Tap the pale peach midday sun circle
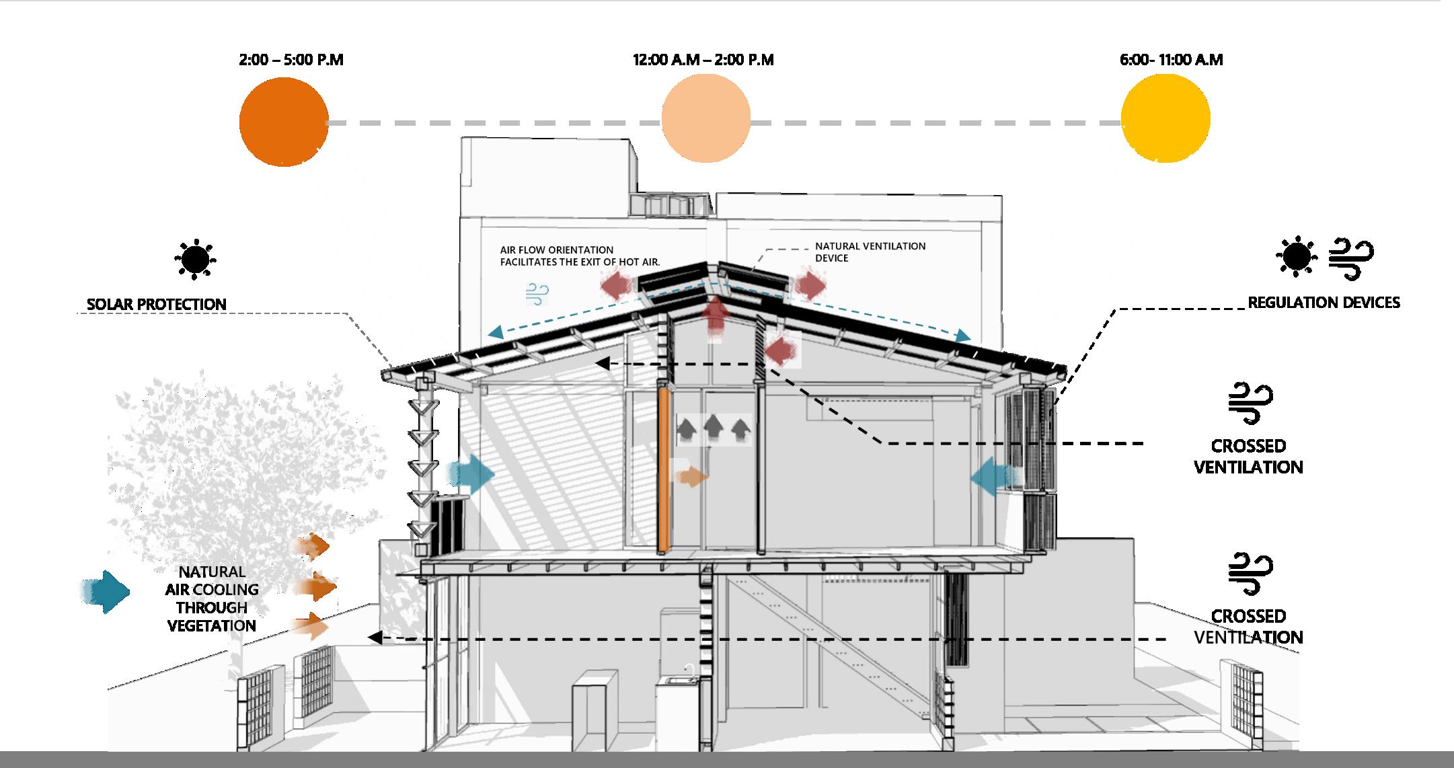tap(705, 118)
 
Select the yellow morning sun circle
tap(1165, 118)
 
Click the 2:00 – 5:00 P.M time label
tap(291, 60)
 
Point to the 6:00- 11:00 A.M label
tap(1171, 60)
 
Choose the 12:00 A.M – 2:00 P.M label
tap(703, 60)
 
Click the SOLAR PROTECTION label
tap(156, 305)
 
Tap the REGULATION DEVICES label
tap(1324, 303)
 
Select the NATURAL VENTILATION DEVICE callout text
tap(870, 252)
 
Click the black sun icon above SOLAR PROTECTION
tap(196, 259)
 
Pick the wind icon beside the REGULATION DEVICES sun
tap(1350, 258)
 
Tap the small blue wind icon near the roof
tap(537, 294)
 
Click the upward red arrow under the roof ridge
tap(715, 321)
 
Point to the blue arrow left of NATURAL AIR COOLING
tap(106, 591)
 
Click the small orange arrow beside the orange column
tap(692, 477)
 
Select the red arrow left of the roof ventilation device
tap(616, 285)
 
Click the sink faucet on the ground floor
tap(689, 669)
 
